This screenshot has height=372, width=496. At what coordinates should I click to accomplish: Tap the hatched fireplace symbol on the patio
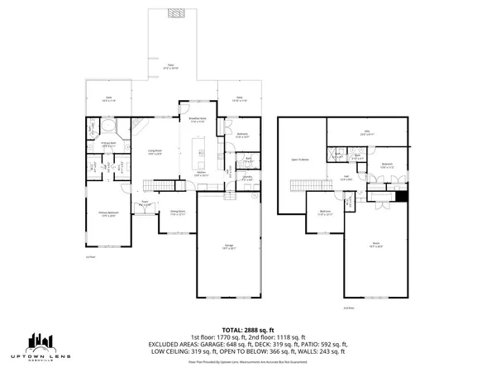click(x=174, y=13)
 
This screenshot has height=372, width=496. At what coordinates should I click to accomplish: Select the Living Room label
click(x=155, y=150)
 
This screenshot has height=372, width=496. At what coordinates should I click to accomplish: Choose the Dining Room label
click(x=177, y=212)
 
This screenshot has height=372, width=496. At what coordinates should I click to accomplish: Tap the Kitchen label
click(x=201, y=174)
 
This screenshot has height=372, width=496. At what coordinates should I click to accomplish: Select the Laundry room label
click(x=247, y=174)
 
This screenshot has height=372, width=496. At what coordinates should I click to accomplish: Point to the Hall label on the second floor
click(x=348, y=176)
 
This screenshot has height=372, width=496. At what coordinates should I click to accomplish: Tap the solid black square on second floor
click(x=402, y=196)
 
